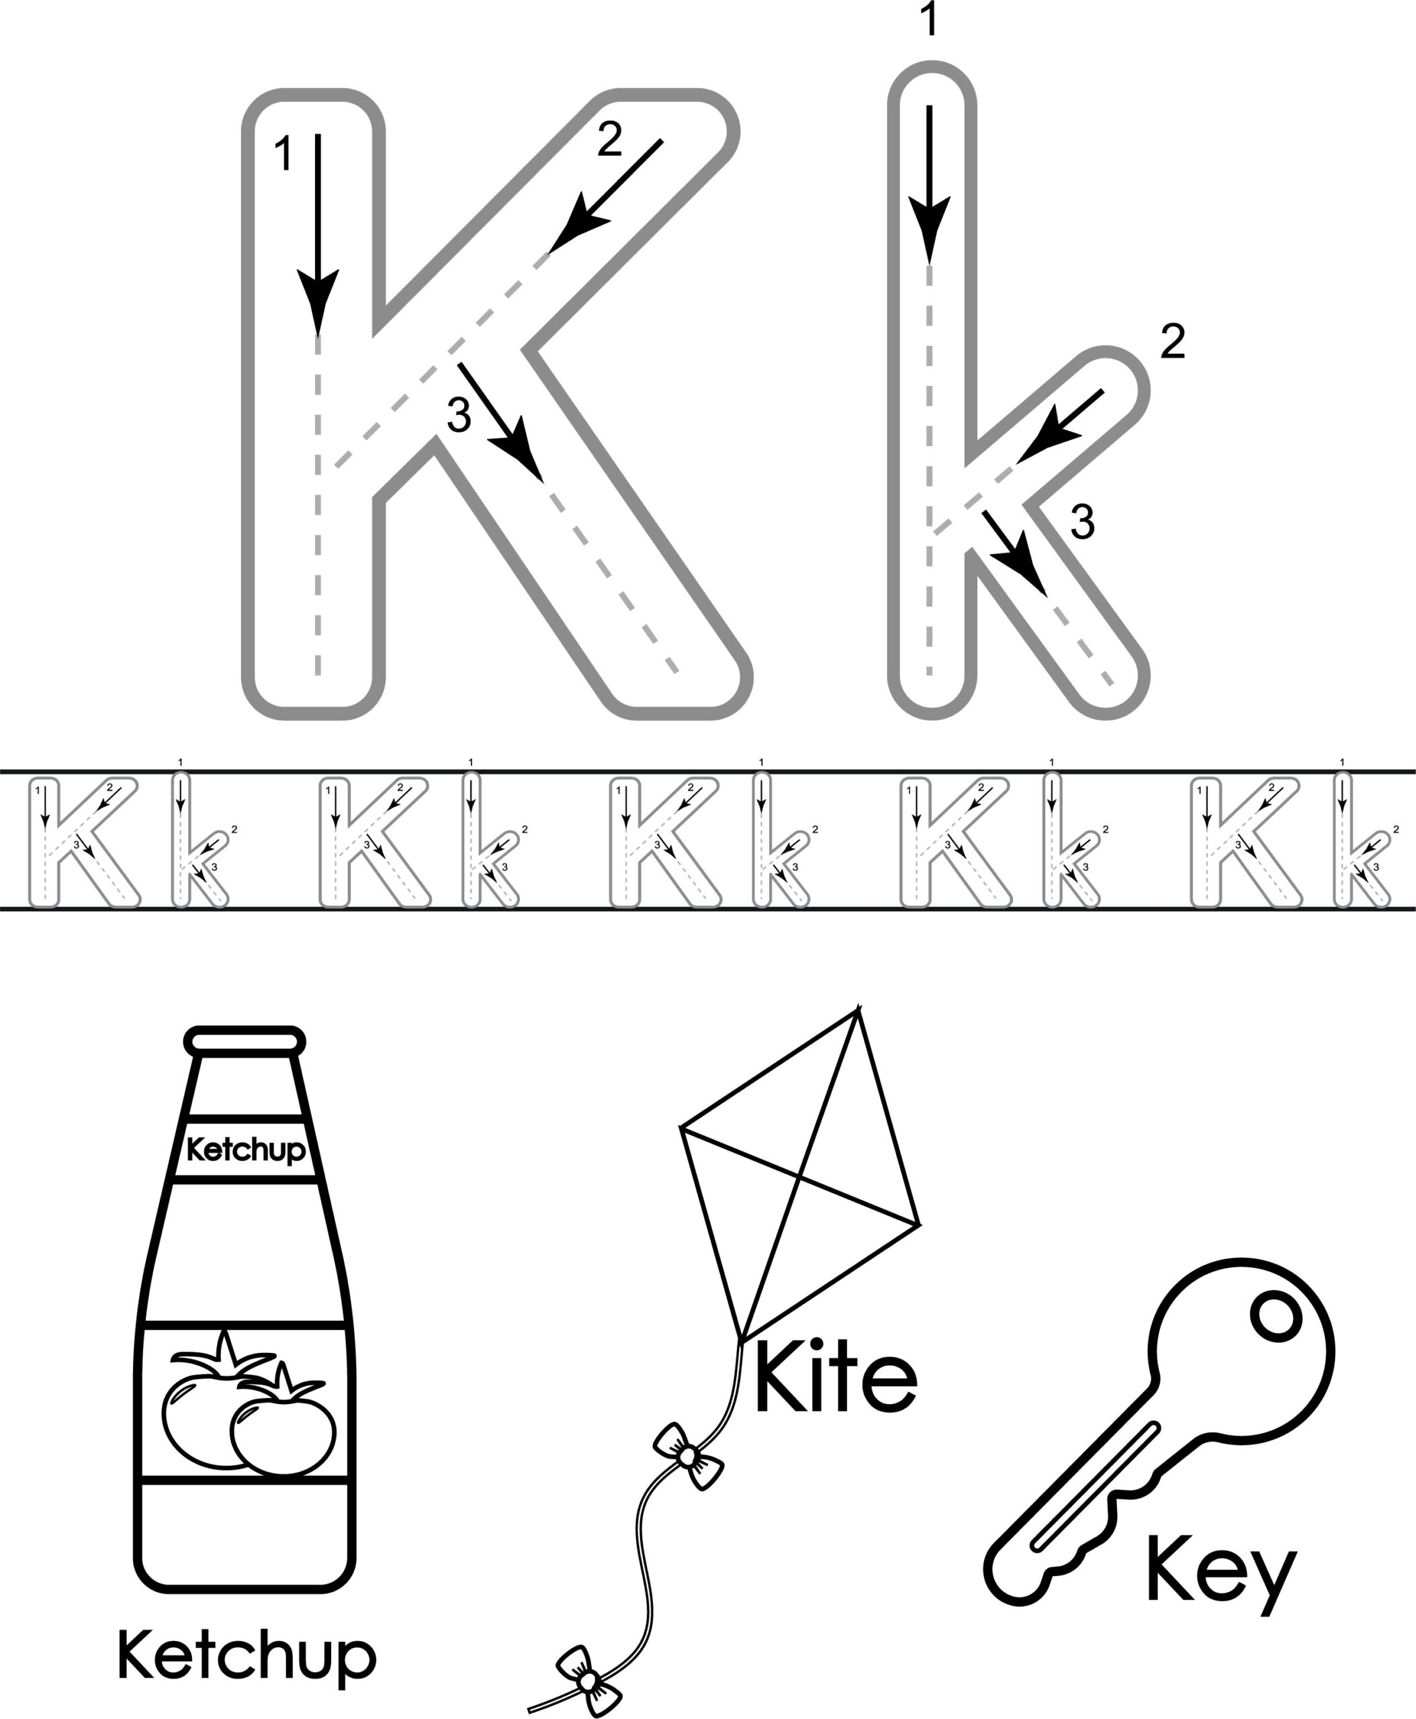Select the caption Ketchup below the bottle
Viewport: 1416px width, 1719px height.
247,1655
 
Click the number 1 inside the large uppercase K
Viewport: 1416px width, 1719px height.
283,154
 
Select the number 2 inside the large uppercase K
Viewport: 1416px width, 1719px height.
609,140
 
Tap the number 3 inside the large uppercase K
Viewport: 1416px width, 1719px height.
459,415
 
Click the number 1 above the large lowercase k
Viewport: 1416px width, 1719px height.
929,19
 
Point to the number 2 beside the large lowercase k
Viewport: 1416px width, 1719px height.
1172,342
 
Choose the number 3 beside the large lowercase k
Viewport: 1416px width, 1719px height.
1082,522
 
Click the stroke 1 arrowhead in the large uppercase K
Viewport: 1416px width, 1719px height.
317,301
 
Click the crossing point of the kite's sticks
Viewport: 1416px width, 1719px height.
799,1176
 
